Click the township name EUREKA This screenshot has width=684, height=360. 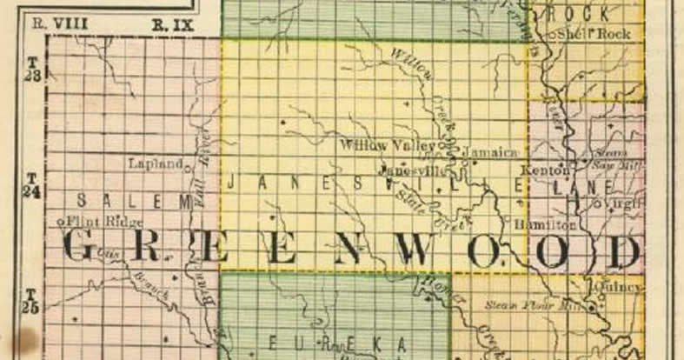click(336, 344)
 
